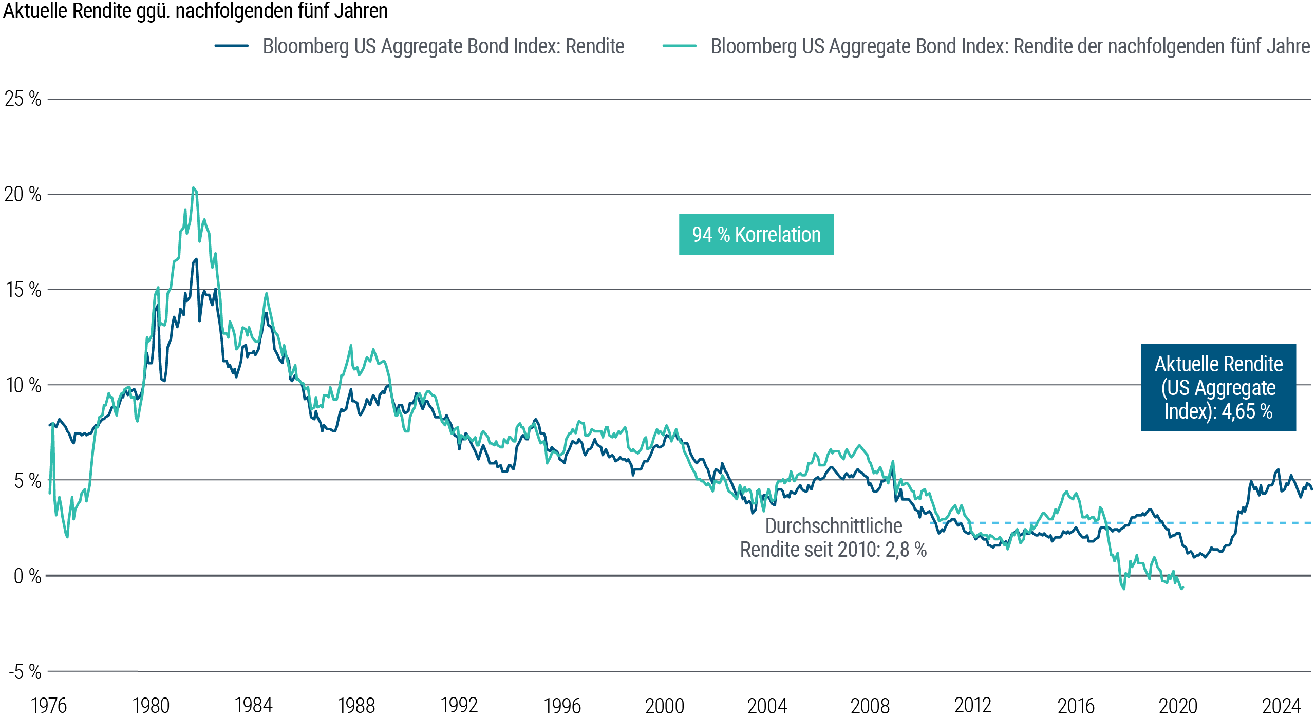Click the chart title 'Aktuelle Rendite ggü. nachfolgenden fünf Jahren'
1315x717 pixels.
coord(195,11)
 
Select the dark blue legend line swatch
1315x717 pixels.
coord(232,46)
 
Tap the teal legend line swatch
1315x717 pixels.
coord(680,46)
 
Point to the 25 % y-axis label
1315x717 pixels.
coord(23,99)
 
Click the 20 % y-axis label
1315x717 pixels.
coord(23,194)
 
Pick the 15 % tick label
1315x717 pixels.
coord(23,290)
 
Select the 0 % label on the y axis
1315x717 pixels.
coord(27,576)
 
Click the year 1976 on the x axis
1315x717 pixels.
coord(49,706)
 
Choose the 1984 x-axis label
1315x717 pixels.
coord(254,706)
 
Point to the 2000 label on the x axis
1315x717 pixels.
coord(665,706)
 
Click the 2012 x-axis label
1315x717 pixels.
coord(973,706)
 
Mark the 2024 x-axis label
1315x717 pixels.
coord(1281,706)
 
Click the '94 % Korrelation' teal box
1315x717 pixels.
coord(756,235)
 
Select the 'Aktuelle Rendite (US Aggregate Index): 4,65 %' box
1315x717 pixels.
coord(1218,387)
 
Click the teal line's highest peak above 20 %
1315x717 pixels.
coord(194,188)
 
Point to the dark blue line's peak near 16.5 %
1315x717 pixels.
coord(196,259)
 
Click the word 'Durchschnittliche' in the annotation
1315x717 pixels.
coord(833,526)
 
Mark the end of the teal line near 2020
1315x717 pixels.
coord(1182,588)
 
